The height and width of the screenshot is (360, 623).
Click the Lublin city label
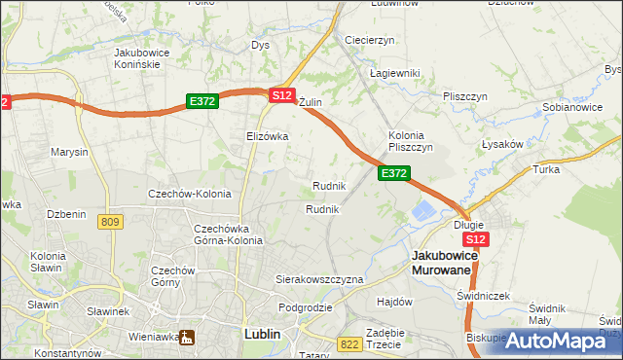[x=258, y=334]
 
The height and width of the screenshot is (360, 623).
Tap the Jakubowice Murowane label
[x=443, y=262]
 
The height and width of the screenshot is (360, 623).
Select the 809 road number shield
[x=110, y=223]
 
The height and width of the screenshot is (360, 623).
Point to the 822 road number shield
[x=349, y=343]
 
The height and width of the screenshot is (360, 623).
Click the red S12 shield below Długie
[x=475, y=239]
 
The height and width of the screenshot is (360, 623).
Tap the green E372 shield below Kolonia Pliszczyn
[x=393, y=172]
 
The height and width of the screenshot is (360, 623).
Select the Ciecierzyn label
[x=369, y=40]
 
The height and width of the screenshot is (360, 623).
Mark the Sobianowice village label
[x=569, y=107]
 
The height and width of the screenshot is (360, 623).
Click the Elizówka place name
[x=267, y=136]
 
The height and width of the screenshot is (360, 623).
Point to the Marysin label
[x=69, y=153]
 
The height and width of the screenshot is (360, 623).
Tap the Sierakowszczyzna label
[x=319, y=279]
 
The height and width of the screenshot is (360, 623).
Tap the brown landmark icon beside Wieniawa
[x=185, y=337]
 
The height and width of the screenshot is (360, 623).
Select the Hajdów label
[x=395, y=302]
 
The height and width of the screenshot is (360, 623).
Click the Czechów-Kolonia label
[x=189, y=194]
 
